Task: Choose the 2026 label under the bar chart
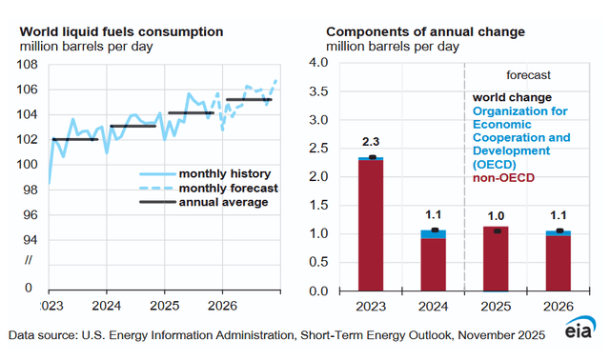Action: (552, 308)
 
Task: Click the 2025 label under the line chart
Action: (165, 308)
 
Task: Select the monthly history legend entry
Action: (204, 174)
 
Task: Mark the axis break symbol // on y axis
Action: (29, 261)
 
